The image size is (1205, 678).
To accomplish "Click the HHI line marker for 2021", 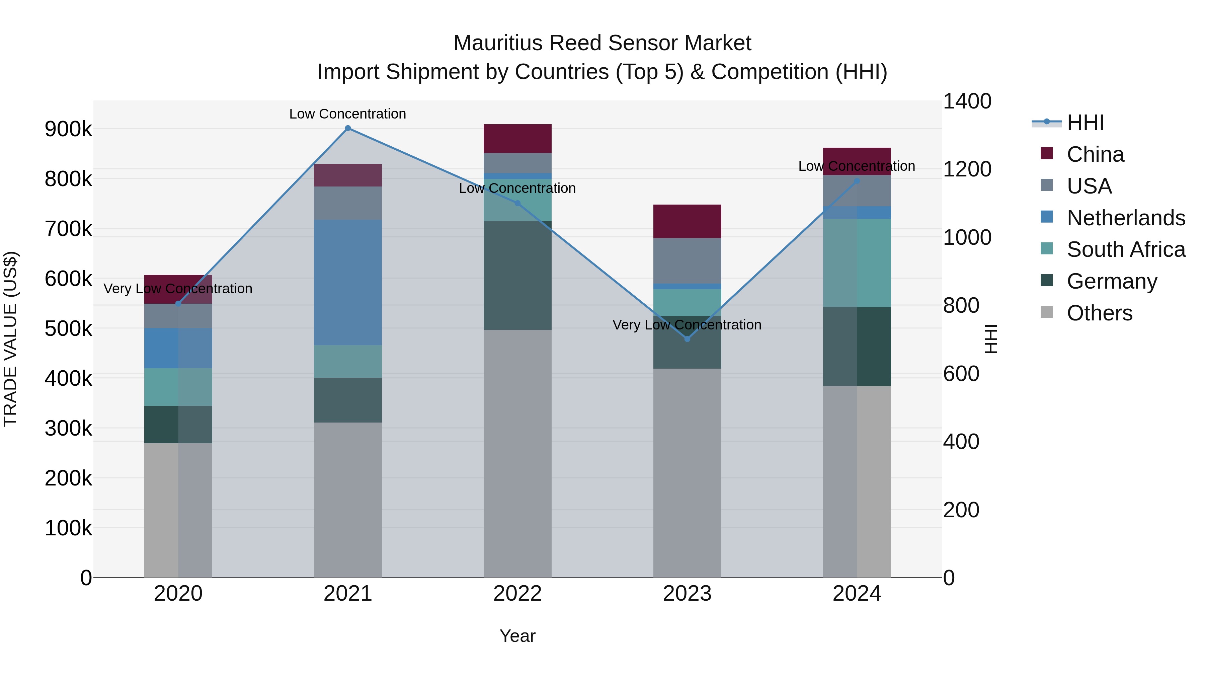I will tap(347, 128).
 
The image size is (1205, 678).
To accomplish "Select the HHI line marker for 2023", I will tap(687, 339).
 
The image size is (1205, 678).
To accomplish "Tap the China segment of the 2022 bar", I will tap(517, 139).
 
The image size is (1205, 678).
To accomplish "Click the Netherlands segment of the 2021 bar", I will tap(347, 282).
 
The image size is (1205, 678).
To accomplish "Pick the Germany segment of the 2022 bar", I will tap(517, 275).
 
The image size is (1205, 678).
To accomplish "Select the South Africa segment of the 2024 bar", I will tap(857, 263).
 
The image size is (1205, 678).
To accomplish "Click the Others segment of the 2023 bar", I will tap(687, 472).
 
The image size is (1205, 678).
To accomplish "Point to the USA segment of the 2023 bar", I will tap(687, 260).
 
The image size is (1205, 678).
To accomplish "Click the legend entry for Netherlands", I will tap(1125, 218).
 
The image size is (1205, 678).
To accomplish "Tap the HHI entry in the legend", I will tap(1085, 123).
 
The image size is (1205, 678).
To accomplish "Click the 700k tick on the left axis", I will tap(69, 229).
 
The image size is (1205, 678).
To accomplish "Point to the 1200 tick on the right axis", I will tap(966, 169).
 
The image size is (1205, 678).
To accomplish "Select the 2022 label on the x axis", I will tap(517, 594).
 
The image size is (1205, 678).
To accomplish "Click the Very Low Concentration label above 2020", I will tap(178, 289).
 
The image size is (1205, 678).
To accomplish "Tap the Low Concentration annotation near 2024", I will tap(857, 166).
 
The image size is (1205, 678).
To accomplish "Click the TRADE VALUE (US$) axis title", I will tap(10, 339).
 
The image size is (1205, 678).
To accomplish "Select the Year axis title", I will tap(517, 636).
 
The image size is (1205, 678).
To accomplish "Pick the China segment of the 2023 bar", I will tap(687, 221).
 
